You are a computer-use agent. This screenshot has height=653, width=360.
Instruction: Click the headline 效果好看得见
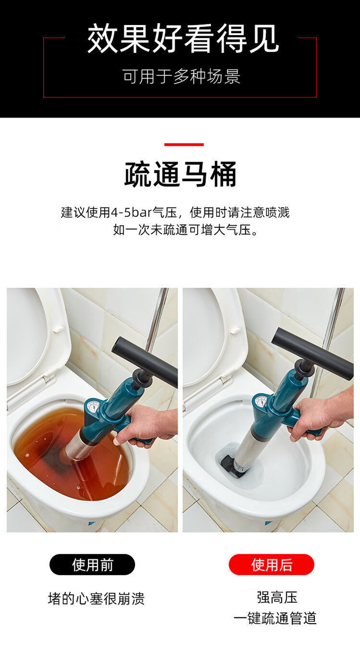click(x=183, y=39)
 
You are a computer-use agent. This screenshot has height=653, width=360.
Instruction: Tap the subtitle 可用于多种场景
click(x=181, y=77)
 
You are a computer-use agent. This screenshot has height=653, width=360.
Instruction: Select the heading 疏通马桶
click(x=180, y=174)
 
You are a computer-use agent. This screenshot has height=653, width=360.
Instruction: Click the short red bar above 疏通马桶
click(x=184, y=144)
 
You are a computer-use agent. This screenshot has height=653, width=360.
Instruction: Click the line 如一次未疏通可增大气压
click(x=185, y=230)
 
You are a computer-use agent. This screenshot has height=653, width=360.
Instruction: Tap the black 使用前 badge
click(x=92, y=564)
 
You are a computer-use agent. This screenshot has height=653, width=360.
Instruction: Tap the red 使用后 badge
click(x=272, y=564)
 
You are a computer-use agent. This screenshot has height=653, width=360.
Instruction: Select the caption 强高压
click(x=277, y=597)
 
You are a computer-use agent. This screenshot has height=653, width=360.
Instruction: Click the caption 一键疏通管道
click(x=275, y=618)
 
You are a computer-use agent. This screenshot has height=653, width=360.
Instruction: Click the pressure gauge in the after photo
click(x=261, y=402)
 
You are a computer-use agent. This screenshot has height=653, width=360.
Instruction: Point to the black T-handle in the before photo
click(x=144, y=361)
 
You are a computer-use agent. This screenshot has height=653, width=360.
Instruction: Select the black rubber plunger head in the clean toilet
click(x=232, y=465)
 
